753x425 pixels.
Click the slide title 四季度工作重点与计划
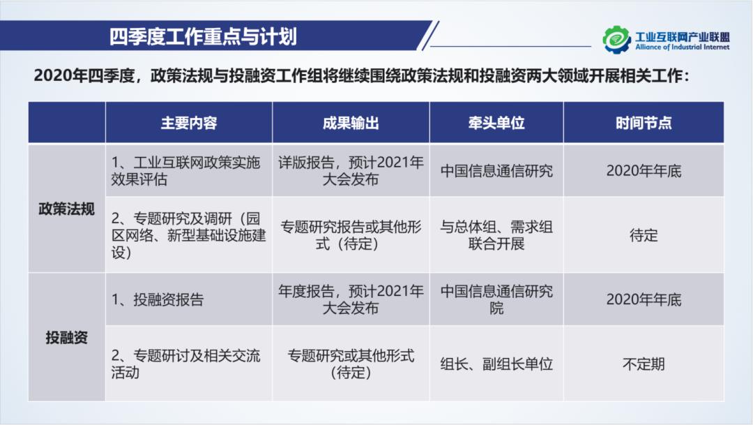(203, 36)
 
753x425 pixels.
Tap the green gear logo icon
(616, 40)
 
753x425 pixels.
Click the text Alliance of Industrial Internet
(682, 47)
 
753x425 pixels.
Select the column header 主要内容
(189, 123)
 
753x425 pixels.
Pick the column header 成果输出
(351, 123)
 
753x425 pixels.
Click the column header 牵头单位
(496, 123)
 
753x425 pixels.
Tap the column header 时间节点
(644, 123)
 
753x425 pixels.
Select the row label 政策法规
(66, 209)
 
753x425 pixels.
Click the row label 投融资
(66, 338)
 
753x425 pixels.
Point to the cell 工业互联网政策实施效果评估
(186, 171)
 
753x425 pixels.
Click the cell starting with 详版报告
(351, 171)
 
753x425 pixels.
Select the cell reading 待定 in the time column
(644, 235)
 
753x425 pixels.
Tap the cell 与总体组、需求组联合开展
(496, 235)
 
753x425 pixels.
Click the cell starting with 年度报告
(351, 300)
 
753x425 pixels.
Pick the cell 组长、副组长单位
(496, 364)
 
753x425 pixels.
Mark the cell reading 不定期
(644, 364)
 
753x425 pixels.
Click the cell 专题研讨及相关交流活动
(186, 364)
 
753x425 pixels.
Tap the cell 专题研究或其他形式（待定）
(351, 364)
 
